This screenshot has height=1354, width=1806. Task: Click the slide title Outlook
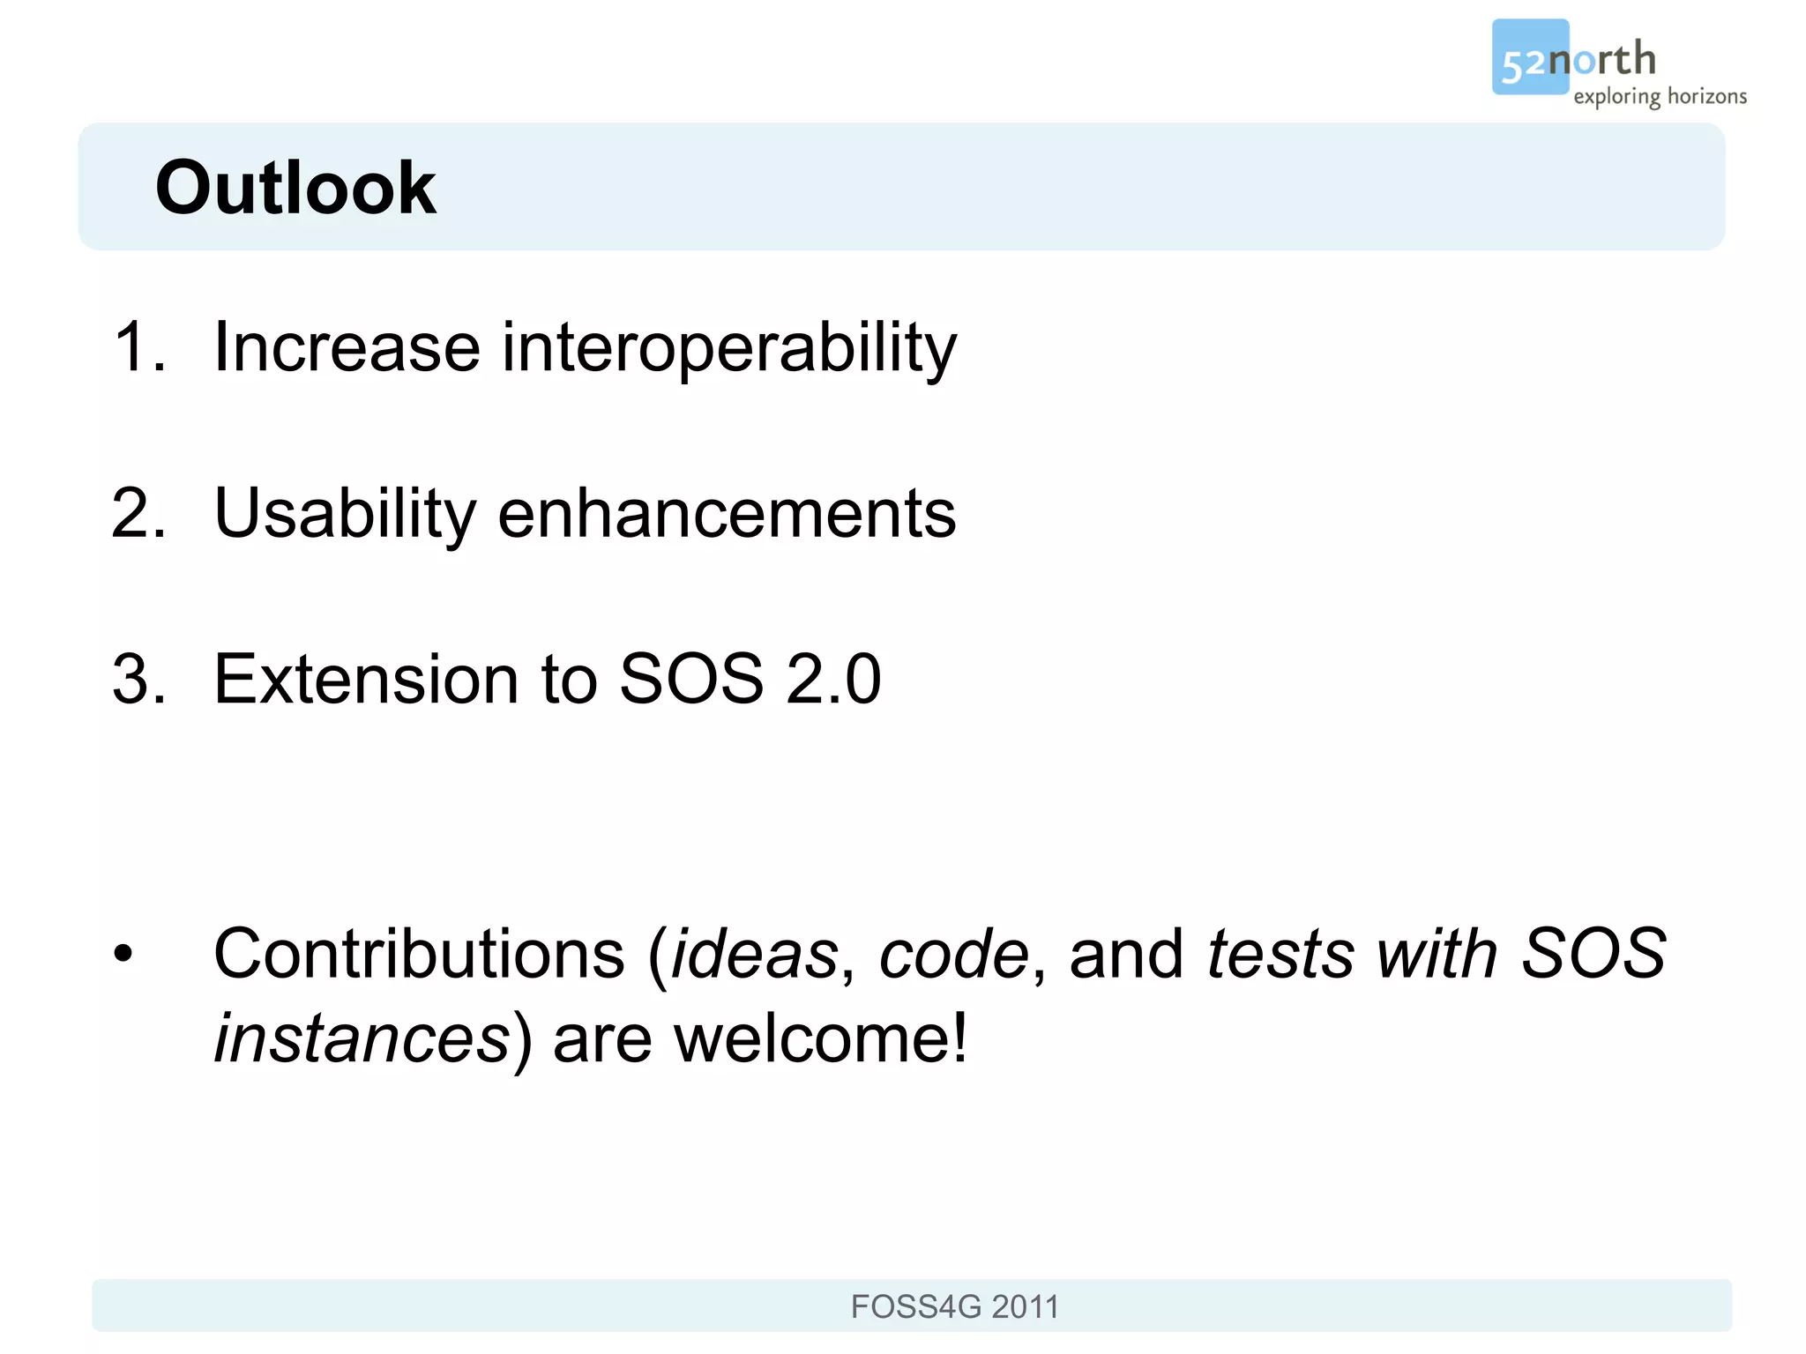(x=295, y=188)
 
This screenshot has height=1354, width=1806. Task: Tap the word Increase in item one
(x=347, y=347)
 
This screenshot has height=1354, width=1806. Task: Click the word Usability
(x=345, y=514)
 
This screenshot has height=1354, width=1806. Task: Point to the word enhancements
(x=727, y=514)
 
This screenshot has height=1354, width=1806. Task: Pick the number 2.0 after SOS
(x=833, y=680)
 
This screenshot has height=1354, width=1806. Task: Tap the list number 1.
(x=139, y=347)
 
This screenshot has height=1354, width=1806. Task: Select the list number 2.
(x=139, y=514)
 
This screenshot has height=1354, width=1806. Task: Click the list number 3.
(x=139, y=680)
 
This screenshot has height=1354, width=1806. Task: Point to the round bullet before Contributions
(x=123, y=954)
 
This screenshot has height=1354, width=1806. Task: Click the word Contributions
(x=419, y=955)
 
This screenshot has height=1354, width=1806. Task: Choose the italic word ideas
(x=754, y=955)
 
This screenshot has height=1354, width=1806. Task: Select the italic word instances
(x=362, y=1039)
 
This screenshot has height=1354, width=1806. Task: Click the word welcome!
(x=820, y=1039)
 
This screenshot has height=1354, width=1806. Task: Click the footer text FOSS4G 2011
(x=954, y=1306)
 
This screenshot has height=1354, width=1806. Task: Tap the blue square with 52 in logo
(x=1528, y=57)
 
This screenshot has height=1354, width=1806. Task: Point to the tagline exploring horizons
(x=1660, y=96)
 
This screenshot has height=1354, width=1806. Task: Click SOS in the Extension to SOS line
(x=691, y=680)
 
